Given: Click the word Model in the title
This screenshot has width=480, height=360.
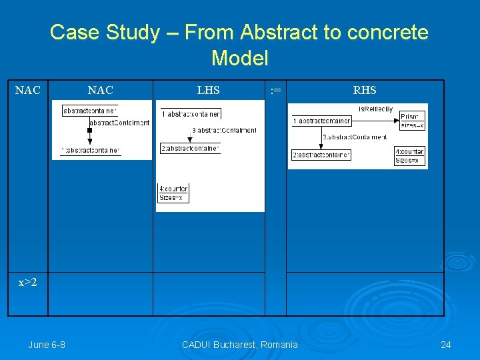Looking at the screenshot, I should [239, 58].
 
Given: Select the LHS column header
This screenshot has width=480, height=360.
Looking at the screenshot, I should [208, 90].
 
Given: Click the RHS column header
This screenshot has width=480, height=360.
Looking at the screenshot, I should [365, 90].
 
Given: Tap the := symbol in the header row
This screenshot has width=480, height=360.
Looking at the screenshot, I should [275, 90].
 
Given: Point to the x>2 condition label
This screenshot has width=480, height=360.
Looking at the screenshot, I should [27, 283].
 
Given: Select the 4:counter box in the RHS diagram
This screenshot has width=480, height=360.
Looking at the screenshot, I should [409, 156].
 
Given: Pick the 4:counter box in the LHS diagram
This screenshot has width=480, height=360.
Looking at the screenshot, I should [173, 193].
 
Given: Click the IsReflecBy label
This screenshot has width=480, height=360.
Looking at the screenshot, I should [375, 109].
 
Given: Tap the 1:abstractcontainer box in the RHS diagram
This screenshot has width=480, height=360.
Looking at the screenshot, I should [321, 121].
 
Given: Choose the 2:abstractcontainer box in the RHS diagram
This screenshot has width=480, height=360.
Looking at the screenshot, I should [321, 155].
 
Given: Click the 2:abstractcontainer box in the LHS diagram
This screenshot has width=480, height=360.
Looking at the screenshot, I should [189, 148].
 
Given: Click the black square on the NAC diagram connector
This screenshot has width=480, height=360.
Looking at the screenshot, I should [89, 130].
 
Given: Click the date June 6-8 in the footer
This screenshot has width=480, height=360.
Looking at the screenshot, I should [47, 345].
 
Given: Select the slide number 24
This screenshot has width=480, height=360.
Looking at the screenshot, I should [446, 345].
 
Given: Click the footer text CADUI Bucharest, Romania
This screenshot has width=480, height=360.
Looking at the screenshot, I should [239, 345].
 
